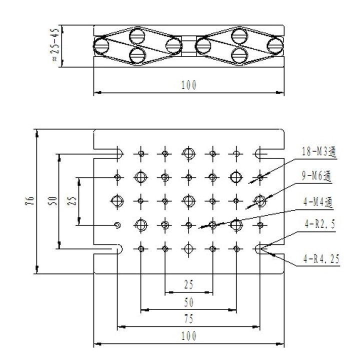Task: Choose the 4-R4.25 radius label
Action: coord(320,259)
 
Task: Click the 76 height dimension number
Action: coord(31,201)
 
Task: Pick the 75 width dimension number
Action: coord(188,319)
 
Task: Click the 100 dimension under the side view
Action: coord(188,85)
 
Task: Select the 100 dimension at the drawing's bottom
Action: coord(188,335)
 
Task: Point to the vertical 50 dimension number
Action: coord(51,201)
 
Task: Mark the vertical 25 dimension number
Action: coord(71,201)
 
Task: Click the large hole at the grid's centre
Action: coord(188,201)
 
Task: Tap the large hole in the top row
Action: coord(188,153)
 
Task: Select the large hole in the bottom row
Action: coord(188,248)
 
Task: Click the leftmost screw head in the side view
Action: coord(102,45)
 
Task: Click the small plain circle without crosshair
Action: coord(117,225)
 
